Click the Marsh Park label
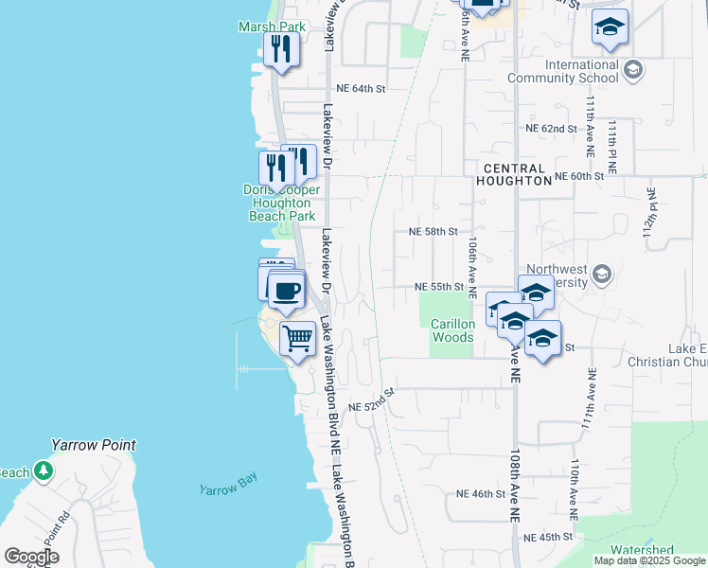click(273, 27)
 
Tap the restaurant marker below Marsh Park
click(279, 49)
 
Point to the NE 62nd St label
click(551, 128)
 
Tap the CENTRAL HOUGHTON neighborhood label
click(514, 173)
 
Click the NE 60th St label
click(579, 176)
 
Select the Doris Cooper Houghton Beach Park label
click(281, 203)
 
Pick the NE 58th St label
click(433, 231)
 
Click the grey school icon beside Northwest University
click(599, 275)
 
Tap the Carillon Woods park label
click(452, 330)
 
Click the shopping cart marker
click(298, 338)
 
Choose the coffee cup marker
click(286, 290)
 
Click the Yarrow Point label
click(94, 445)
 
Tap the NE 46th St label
click(482, 494)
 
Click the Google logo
click(32, 557)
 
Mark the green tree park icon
click(43, 470)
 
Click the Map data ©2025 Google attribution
click(648, 560)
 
